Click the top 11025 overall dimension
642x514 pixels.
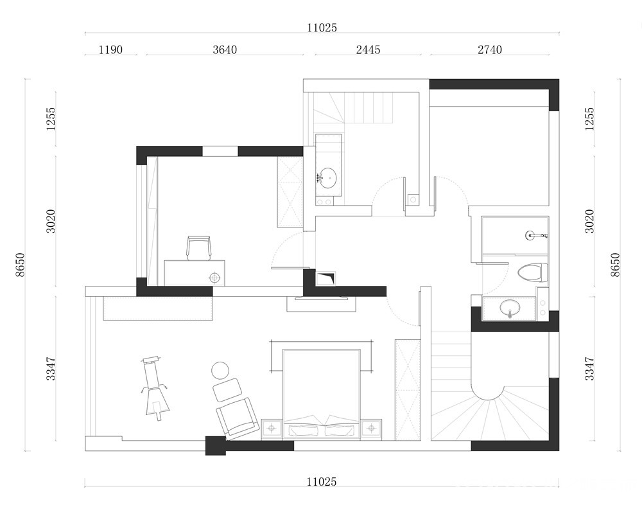[322, 28]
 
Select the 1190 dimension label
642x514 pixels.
[110, 49]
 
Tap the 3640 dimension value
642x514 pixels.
[225, 49]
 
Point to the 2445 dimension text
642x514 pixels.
[368, 49]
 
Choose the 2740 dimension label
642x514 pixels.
[490, 49]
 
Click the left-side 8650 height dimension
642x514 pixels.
[20, 265]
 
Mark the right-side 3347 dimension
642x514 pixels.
[589, 369]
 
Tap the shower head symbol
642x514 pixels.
[536, 236]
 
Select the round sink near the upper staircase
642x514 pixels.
[327, 178]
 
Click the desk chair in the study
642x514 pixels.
[199, 248]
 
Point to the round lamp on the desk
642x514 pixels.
[214, 278]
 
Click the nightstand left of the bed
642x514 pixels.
[272, 429]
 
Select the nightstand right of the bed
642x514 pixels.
[371, 429]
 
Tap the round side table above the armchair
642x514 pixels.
[221, 371]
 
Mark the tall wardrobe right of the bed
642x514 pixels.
[408, 389]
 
